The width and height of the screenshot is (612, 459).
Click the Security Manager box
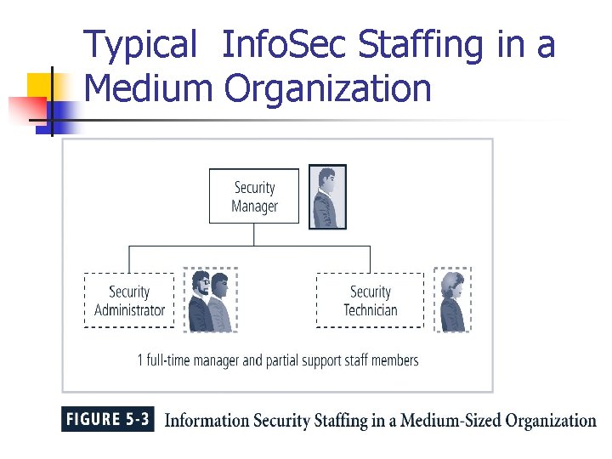click(254, 196)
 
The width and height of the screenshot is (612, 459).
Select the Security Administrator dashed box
click(129, 300)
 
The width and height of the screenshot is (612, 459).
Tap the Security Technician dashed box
click(370, 300)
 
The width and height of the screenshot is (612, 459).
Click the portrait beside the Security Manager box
click(327, 197)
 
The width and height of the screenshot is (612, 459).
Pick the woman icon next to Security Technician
click(452, 300)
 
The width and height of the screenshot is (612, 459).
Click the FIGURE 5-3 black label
click(107, 419)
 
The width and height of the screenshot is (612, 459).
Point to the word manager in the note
click(216, 360)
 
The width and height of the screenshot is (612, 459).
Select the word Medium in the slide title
click(150, 88)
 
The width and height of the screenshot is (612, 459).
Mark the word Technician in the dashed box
click(370, 310)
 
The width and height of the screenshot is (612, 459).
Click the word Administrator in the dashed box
click(129, 310)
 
